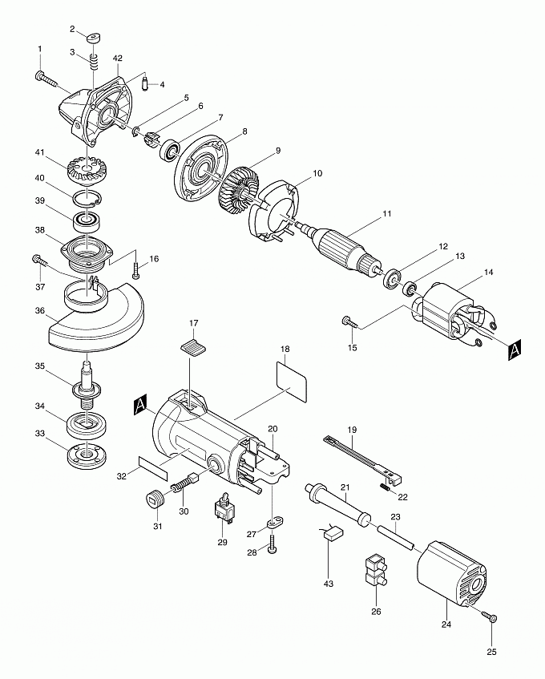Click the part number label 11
pyautogui.click(x=386, y=213)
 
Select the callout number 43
pyautogui.click(x=328, y=584)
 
